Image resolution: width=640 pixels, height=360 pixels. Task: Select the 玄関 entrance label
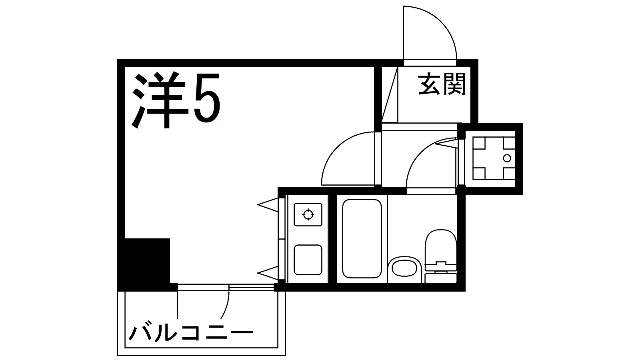pos(441,85)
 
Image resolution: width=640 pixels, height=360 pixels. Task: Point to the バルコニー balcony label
pos(190,329)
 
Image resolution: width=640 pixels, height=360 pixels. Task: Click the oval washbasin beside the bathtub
pos(404,267)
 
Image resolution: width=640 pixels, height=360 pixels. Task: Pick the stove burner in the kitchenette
pos(308,213)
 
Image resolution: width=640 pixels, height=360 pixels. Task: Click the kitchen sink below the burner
pos(308,260)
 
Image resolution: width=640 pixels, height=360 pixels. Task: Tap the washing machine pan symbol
pos(493,156)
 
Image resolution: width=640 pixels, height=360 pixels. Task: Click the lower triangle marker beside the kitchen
pos(267,270)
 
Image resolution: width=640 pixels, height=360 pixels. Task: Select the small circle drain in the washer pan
pos(507,158)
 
